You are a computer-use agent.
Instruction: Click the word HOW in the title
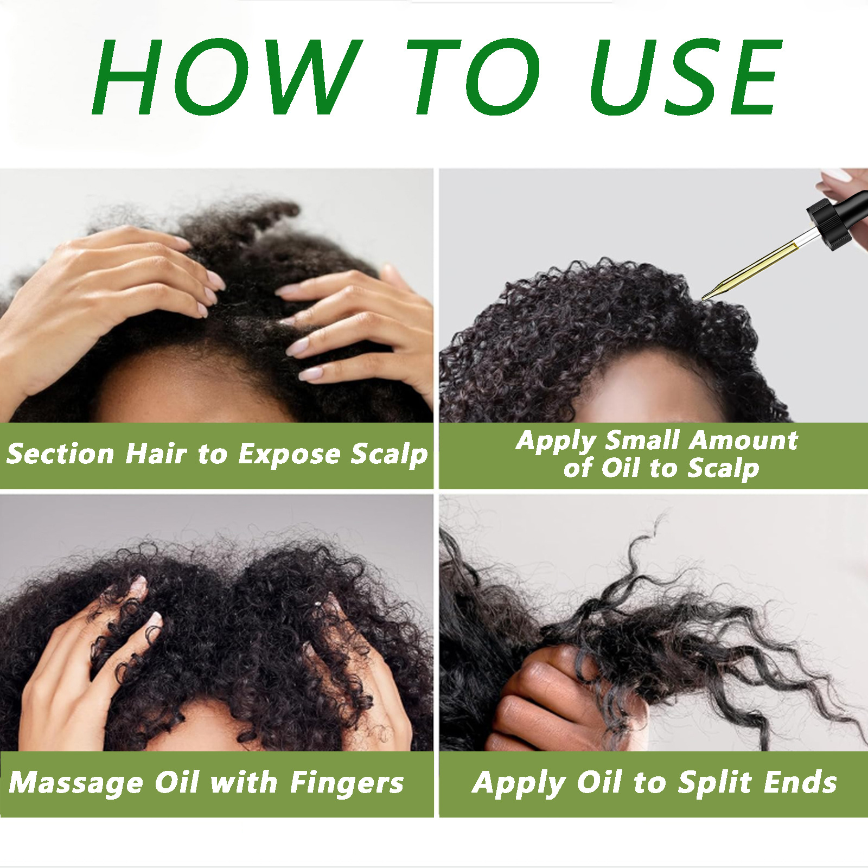pos(225,77)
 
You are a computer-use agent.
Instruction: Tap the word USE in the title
pos(685,77)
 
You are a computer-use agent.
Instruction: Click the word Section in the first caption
pos(60,454)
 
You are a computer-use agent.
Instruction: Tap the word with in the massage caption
pos(244,783)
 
